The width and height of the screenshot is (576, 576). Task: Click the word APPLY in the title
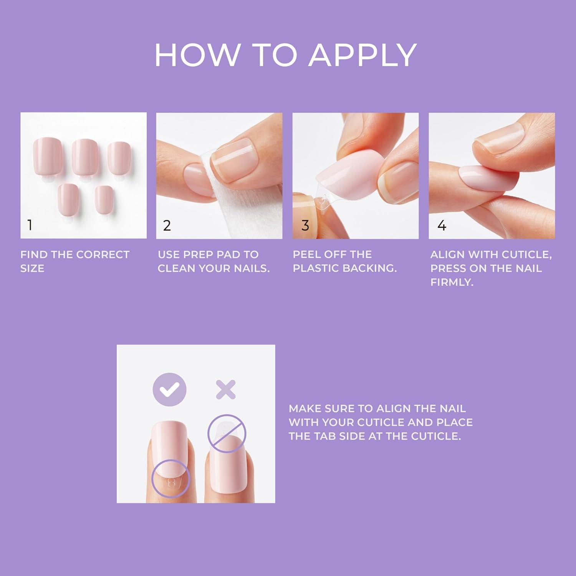point(362,55)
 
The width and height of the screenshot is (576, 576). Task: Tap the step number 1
point(30,225)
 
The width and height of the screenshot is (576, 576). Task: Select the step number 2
point(167,225)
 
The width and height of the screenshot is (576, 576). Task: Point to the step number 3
point(305,225)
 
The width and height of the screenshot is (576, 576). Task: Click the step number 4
point(442,225)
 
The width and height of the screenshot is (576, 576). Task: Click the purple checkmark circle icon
point(169,390)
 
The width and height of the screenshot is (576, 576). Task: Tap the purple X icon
point(225,390)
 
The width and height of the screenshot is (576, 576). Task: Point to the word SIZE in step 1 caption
point(32,268)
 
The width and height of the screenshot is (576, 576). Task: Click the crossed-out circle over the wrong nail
point(227,433)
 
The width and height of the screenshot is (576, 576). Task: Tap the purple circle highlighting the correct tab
point(171,478)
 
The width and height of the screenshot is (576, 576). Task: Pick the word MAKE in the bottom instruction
point(305,409)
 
